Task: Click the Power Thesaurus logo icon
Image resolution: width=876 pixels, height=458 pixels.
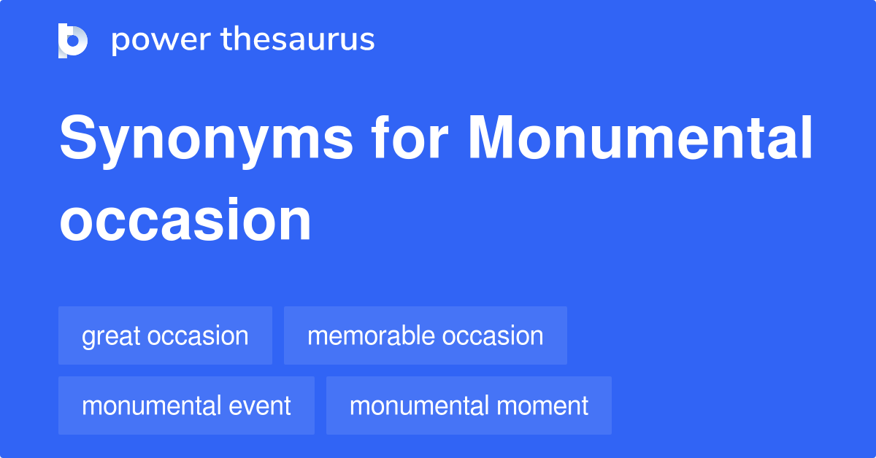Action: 73,40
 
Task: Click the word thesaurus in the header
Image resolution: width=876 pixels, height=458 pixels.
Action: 298,40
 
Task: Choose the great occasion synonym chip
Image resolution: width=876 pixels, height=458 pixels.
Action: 165,335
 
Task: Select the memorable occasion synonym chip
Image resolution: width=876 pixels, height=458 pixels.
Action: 425,335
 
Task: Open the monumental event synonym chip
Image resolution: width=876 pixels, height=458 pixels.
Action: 186,405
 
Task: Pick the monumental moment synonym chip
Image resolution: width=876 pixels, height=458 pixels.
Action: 469,405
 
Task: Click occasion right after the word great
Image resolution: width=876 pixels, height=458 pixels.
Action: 198,335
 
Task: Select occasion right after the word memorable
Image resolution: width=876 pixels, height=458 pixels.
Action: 493,335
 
